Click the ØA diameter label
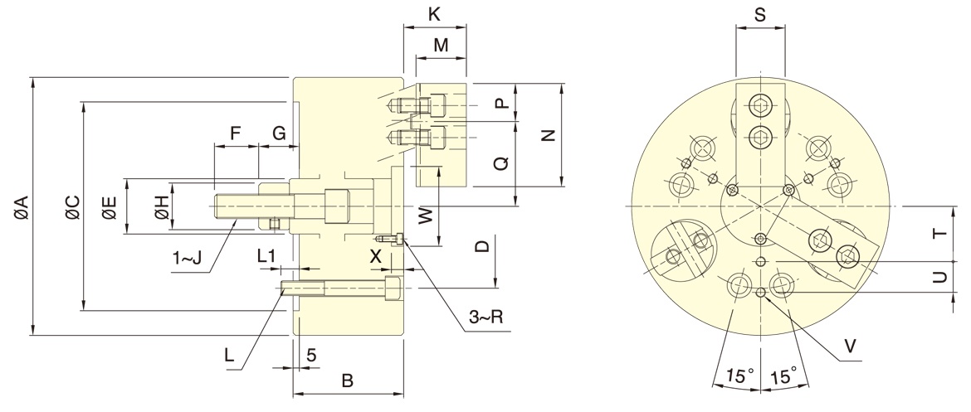tap(21, 206)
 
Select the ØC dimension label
tap(72, 206)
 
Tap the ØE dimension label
tap(110, 206)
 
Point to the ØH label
tap(162, 206)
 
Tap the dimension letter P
tap(500, 103)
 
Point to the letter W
tap(425, 216)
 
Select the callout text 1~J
tap(188, 259)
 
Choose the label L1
tap(266, 257)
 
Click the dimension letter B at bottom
tap(348, 381)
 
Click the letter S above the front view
tap(760, 14)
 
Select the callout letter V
tap(850, 344)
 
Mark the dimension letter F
tap(235, 133)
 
